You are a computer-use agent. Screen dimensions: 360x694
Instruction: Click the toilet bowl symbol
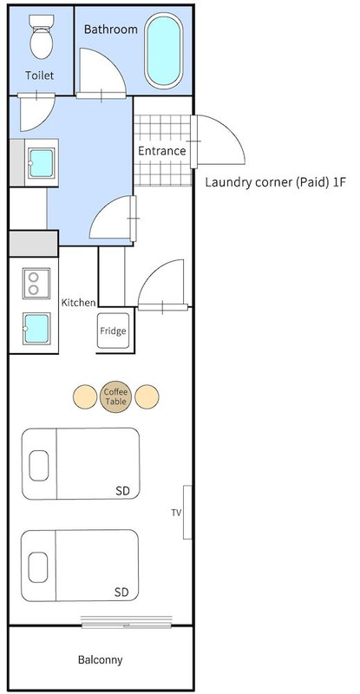tap(42, 36)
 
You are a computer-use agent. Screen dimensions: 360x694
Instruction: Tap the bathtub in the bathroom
tap(163, 50)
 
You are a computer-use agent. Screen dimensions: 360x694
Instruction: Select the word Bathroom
tap(111, 29)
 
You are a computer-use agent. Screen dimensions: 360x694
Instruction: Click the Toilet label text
tap(39, 75)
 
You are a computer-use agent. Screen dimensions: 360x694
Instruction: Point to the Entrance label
tap(161, 151)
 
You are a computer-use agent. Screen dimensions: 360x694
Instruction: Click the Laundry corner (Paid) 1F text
tap(274, 182)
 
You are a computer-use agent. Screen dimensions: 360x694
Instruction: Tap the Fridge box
tap(113, 331)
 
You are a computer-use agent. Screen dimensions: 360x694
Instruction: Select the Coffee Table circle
tap(115, 396)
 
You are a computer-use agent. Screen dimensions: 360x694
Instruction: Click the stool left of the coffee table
tap(85, 397)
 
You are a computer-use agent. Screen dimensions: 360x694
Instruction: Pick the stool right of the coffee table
tap(147, 397)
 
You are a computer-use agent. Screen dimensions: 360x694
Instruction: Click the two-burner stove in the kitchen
tap(36, 284)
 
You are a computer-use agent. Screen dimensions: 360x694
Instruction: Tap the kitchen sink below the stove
tap(36, 329)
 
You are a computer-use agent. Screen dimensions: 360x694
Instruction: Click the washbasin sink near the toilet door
tap(41, 163)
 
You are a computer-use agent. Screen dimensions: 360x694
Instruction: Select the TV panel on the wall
tap(187, 512)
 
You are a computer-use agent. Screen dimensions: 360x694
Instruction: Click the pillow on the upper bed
tap(39, 466)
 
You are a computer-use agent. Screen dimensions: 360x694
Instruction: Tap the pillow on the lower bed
tap(38, 567)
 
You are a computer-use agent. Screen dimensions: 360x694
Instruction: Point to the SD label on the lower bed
tap(121, 593)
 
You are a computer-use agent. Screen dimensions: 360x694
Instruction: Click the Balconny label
tap(100, 660)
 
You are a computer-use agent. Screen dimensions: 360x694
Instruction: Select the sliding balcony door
tap(127, 621)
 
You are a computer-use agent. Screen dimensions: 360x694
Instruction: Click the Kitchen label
tap(78, 303)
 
